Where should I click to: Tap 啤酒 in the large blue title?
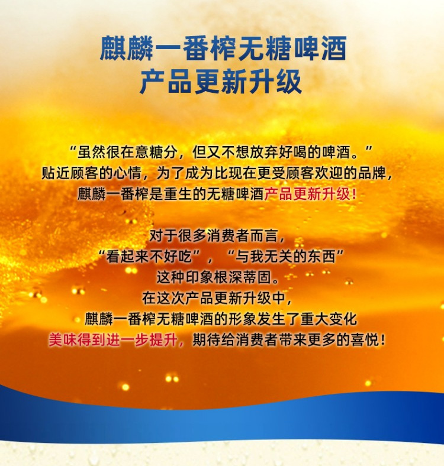321,48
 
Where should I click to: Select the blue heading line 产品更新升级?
221,82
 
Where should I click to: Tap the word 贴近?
56,173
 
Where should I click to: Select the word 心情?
127,173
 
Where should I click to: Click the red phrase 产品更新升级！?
310,194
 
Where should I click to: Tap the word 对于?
163,236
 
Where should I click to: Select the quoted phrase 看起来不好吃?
149,257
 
